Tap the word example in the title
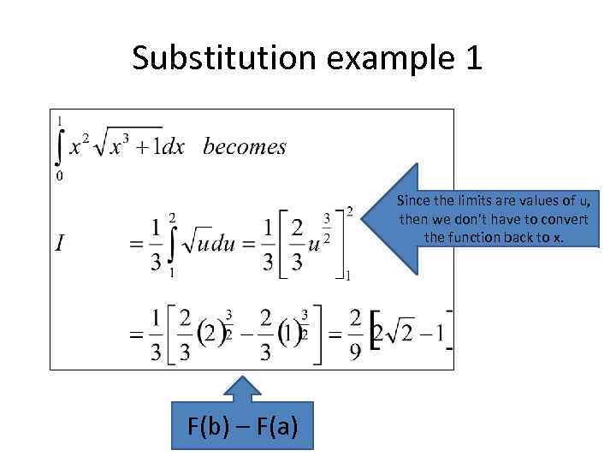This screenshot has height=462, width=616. (376, 59)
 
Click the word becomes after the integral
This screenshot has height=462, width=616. (245, 146)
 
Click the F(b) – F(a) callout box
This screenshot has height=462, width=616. (243, 424)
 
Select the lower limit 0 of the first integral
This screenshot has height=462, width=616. (57, 176)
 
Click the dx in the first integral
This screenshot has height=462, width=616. (174, 147)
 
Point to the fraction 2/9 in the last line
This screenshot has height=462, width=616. (355, 336)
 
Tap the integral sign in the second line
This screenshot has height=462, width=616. (171, 244)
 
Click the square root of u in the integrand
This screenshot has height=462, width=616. (195, 245)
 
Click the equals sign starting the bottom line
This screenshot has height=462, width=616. (134, 336)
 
